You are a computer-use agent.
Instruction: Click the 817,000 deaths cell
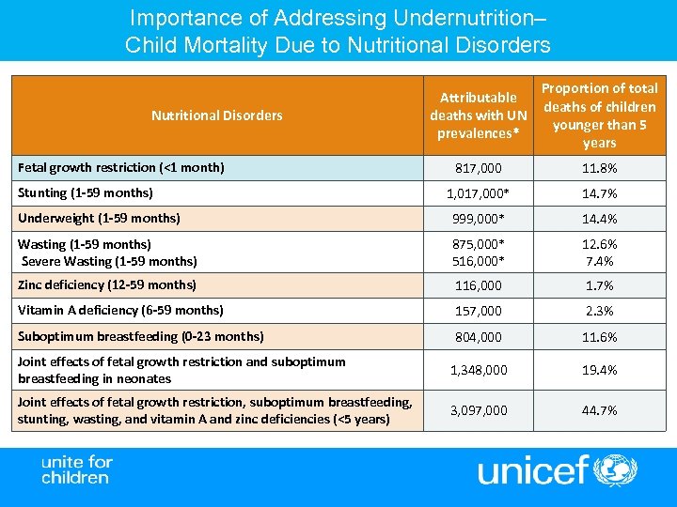pos(478,168)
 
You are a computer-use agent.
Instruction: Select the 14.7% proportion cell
pos(599,193)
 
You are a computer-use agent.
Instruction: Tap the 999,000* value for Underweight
pos(478,219)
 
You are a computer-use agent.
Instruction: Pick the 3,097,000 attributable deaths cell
pos(478,410)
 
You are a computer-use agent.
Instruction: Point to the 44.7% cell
pos(599,410)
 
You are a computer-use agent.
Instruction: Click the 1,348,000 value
pos(478,370)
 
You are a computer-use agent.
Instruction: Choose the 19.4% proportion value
pos(599,370)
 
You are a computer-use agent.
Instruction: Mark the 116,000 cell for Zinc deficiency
pos(478,285)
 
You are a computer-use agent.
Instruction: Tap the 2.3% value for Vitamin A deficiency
pos(599,311)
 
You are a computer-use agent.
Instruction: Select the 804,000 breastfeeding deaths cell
pos(478,336)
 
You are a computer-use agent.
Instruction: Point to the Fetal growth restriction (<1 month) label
pos(121,168)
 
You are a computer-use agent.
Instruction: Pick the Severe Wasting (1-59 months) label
pos(109,261)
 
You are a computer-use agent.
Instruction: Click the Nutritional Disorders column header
pos(216,115)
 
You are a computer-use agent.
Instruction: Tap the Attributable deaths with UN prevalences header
pos(478,115)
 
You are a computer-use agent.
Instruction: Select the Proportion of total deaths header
pos(599,115)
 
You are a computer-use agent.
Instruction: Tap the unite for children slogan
pos(76,469)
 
